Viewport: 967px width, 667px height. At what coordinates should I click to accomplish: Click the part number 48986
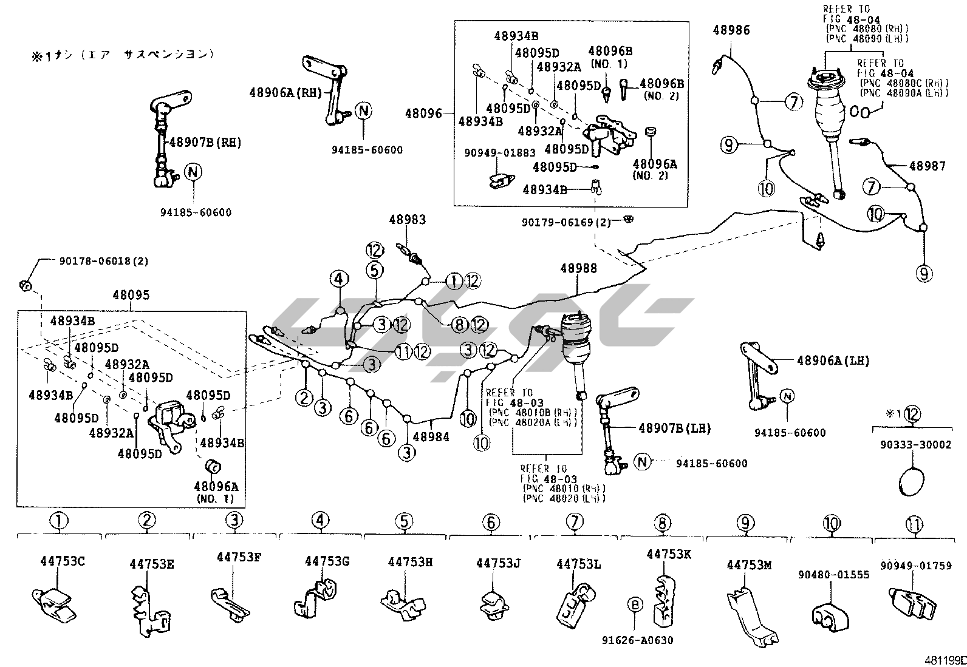[x=731, y=30]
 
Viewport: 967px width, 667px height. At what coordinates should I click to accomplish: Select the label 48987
[x=927, y=165]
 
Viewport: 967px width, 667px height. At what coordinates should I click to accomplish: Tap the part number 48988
[x=578, y=268]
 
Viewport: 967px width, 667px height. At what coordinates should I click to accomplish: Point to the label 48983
[x=407, y=220]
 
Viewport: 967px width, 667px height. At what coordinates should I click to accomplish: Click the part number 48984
[x=431, y=436]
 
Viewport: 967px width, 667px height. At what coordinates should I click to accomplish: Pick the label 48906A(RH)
[x=285, y=92]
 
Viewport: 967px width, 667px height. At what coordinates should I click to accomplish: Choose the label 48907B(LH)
[x=674, y=428]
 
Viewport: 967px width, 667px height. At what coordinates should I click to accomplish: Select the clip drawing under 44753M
[x=750, y=613]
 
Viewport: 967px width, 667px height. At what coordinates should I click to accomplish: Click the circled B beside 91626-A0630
[x=635, y=604]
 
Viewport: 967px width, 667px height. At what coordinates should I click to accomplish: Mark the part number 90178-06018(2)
[x=103, y=262]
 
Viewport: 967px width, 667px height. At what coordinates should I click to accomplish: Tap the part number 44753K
[x=668, y=554]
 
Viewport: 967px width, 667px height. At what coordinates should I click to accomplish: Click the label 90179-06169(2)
[x=566, y=223]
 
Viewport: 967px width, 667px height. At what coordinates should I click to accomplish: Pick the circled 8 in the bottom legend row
[x=661, y=521]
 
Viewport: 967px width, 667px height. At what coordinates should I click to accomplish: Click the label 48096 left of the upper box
[x=423, y=113]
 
